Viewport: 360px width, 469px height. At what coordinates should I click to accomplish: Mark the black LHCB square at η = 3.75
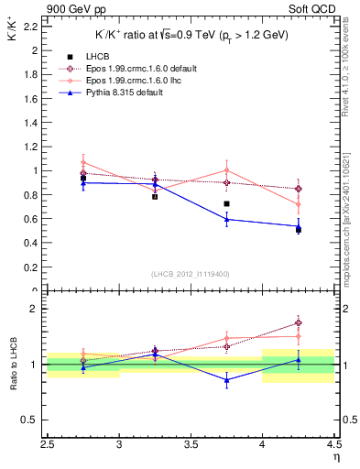tap(226, 203)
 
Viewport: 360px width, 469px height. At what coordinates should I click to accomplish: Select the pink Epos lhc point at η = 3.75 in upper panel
tap(226, 170)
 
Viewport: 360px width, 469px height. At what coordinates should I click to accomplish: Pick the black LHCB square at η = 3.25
tap(155, 196)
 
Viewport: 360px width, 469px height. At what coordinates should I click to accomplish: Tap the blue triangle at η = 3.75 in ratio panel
tap(226, 380)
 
